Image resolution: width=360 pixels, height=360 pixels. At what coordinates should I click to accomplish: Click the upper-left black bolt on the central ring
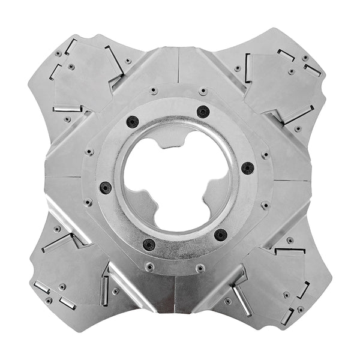133,122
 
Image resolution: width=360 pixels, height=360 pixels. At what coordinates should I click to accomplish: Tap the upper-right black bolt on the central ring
203,112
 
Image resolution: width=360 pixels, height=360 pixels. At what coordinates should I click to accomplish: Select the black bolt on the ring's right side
247,167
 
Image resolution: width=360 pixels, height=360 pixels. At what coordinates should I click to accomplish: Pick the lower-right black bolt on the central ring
220,234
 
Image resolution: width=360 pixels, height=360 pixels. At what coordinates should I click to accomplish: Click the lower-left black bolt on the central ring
149,245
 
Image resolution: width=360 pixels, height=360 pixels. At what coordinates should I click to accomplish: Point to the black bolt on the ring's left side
106,187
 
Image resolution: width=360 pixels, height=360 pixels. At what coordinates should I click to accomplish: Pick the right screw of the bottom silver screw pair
200,268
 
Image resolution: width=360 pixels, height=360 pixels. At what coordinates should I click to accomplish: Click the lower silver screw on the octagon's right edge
265,205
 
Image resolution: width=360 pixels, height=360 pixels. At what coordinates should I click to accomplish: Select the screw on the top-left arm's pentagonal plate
71,67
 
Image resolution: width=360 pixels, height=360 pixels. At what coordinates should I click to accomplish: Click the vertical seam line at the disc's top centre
178,67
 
